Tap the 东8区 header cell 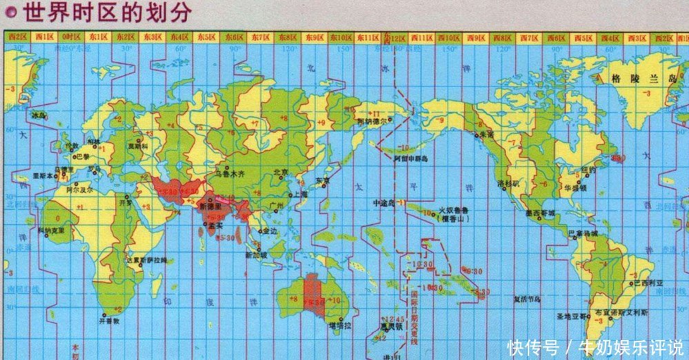[x=288, y=37]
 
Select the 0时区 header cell [x=71, y=37]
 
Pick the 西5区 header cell [x=583, y=37]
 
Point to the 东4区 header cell [x=179, y=37]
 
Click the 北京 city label [x=281, y=172]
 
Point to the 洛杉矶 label [x=510, y=185]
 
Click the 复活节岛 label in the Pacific [x=528, y=299]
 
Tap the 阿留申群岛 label [x=410, y=159]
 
